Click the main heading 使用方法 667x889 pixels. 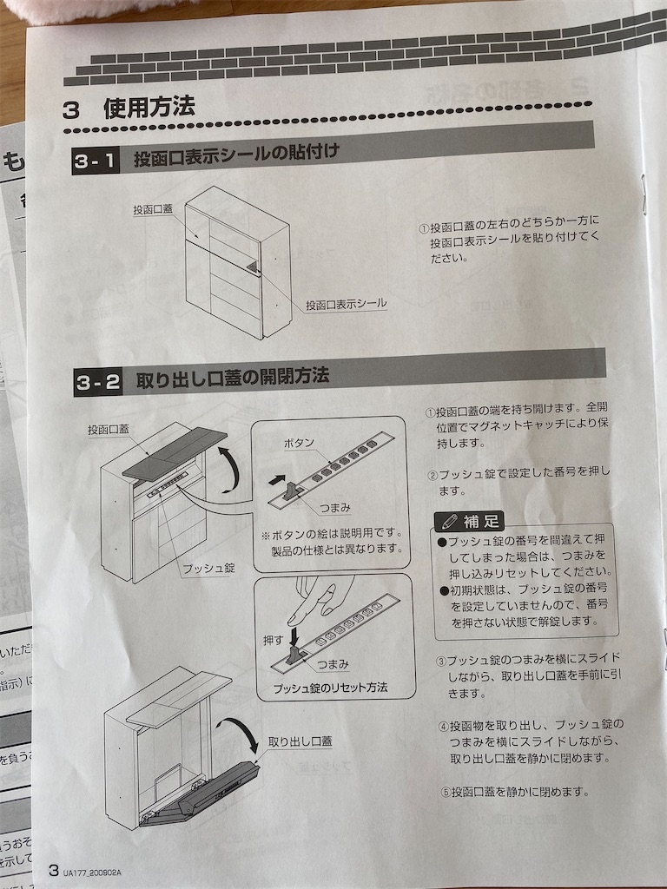(149, 107)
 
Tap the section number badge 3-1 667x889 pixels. (96, 161)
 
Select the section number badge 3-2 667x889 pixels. (98, 383)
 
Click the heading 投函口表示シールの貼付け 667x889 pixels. (236, 155)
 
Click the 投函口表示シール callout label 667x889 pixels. (346, 304)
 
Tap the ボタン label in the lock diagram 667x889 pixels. (299, 444)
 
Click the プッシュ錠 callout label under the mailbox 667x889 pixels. (208, 568)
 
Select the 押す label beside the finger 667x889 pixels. (274, 640)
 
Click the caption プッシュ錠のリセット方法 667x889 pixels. (331, 688)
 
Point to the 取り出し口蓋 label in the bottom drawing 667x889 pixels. (300, 741)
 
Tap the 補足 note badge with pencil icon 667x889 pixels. (469, 521)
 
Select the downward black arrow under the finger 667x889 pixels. (294, 637)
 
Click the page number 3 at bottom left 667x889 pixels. (53, 870)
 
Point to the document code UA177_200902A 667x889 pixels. (91, 873)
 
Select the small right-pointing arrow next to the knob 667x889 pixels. (276, 480)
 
